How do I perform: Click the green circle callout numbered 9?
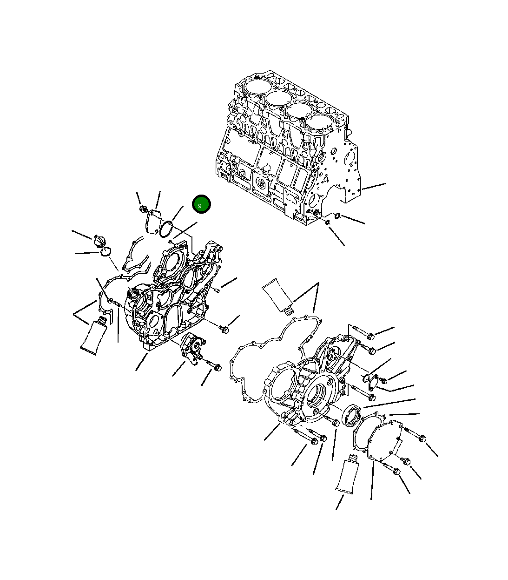201,204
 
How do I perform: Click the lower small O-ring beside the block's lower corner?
328,222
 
